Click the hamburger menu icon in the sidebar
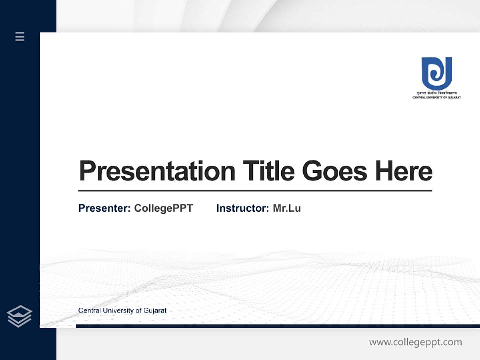point(20,36)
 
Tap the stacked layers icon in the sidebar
point(19,316)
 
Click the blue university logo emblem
point(436,73)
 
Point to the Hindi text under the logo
point(436,93)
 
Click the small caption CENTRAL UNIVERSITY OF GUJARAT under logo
point(436,98)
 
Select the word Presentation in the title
point(157,171)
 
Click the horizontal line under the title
point(255,190)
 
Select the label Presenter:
point(104,208)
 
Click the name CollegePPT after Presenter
point(163,208)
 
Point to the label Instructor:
point(242,208)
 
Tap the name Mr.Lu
point(287,208)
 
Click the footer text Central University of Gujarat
point(122,311)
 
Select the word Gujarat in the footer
point(155,311)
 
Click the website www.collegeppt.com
point(415,342)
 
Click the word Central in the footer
point(89,311)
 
